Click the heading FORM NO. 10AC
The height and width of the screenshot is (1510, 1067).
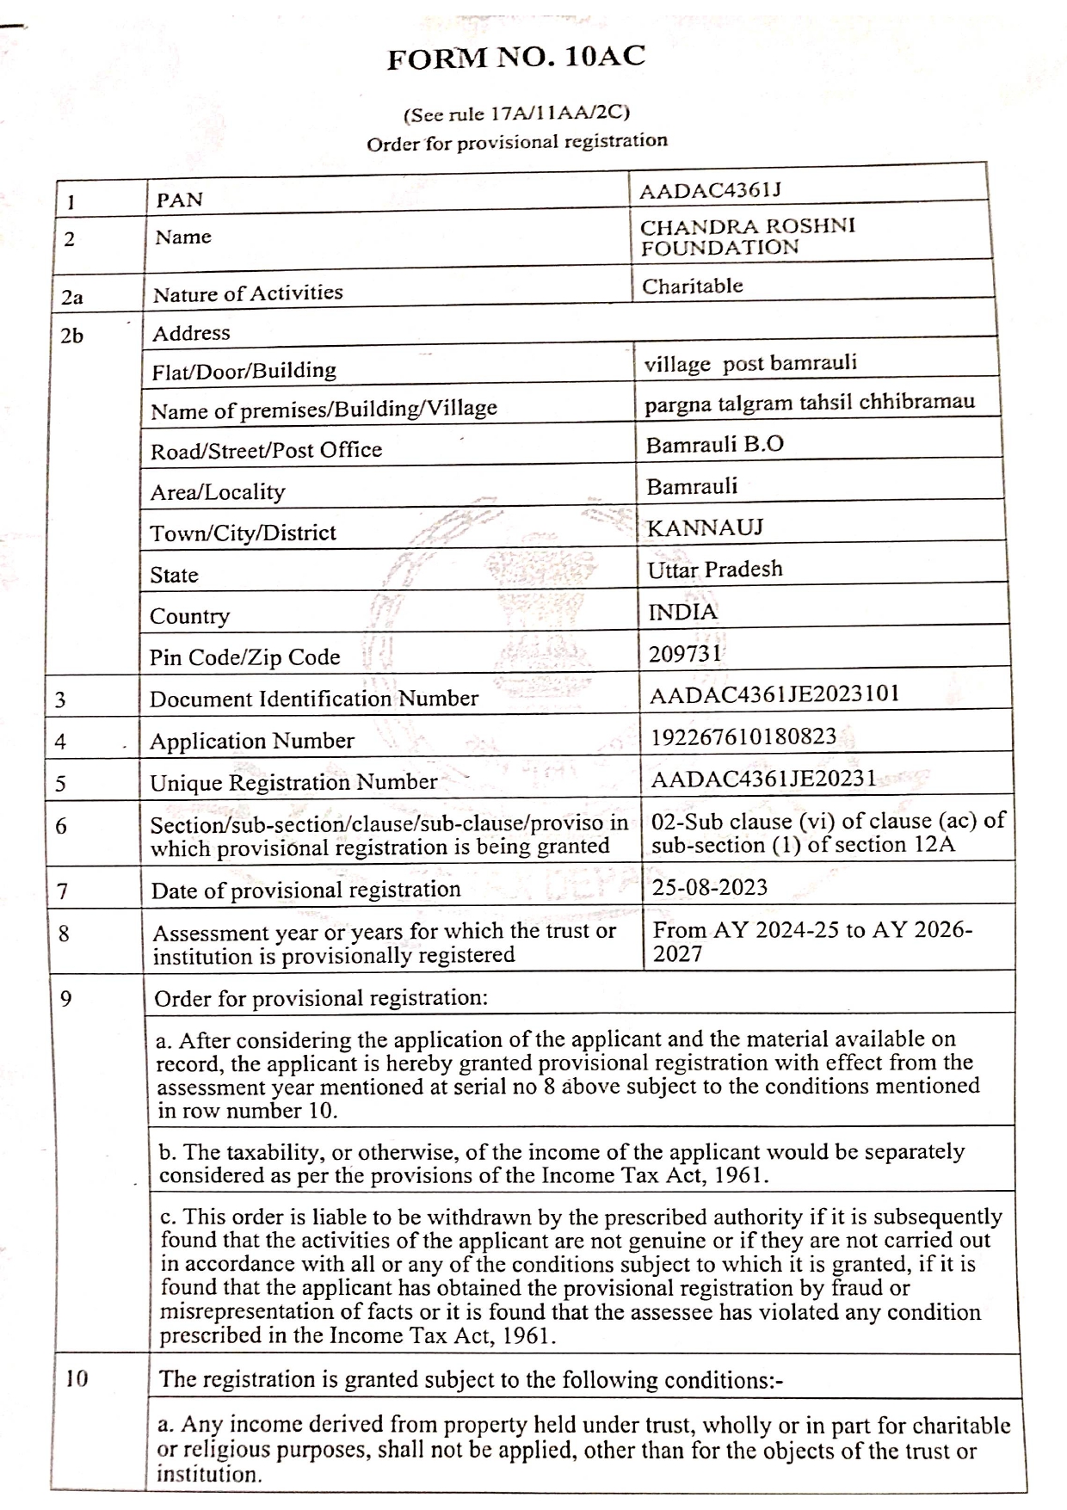pos(515,58)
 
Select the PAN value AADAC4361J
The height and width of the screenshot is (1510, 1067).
pos(710,191)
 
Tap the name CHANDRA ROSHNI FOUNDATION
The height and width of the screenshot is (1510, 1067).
pos(747,237)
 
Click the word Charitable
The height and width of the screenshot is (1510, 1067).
pos(692,287)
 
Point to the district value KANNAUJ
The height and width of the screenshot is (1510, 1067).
pos(705,527)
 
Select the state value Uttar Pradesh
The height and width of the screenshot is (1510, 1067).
pos(715,570)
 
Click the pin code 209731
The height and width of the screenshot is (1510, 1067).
pos(685,654)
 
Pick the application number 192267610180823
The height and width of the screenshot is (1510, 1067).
pos(743,737)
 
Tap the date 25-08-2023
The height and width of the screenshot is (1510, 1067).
pos(709,887)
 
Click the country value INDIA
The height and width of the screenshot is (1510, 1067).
pos(682,612)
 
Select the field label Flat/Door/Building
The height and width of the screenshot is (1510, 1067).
pos(244,371)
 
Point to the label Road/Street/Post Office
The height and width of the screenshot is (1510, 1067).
pos(266,450)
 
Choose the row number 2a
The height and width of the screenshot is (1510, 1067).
pos(72,298)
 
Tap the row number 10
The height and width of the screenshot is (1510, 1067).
pos(77,1378)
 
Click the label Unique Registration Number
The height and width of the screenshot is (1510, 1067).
pos(293,782)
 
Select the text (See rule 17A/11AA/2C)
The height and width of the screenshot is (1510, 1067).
pos(516,113)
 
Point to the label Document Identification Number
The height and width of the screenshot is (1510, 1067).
pos(313,699)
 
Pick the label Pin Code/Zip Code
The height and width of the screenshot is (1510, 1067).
pos(244,657)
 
